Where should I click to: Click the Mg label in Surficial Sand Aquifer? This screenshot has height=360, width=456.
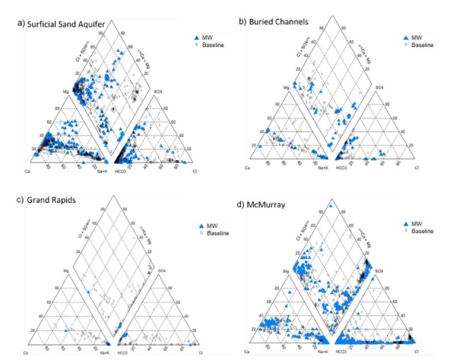point(52,90)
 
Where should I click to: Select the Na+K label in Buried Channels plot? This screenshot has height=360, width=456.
point(321,166)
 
